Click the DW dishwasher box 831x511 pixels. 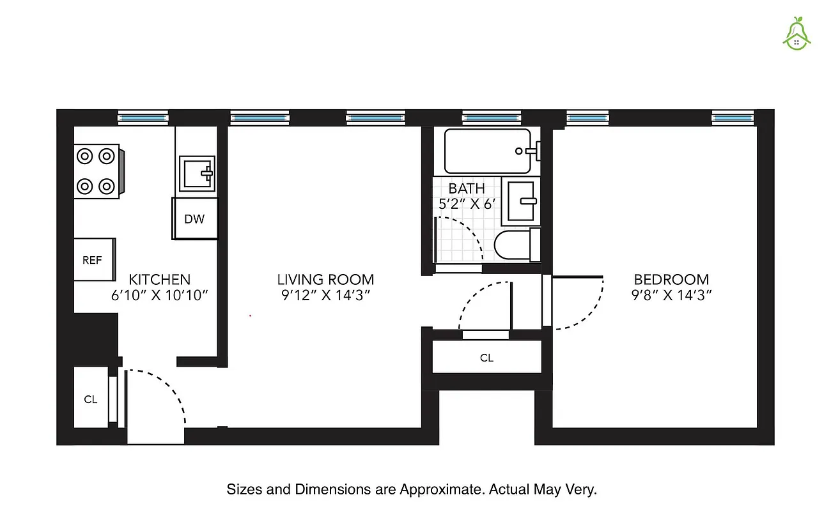(x=194, y=219)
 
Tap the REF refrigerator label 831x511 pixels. (x=92, y=260)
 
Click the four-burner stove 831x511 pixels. (x=97, y=171)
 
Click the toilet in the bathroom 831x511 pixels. (x=516, y=245)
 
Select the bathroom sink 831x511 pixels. (x=520, y=201)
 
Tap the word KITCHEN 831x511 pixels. (x=160, y=279)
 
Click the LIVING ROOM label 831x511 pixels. (x=325, y=279)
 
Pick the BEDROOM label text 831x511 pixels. (x=671, y=279)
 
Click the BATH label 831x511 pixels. (x=467, y=188)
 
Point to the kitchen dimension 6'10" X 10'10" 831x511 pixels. (x=160, y=295)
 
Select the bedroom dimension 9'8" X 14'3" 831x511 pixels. (x=671, y=295)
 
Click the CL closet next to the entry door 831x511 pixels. (x=91, y=399)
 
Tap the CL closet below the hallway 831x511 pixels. (x=486, y=358)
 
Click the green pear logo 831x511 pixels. (x=796, y=33)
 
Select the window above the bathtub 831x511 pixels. (x=491, y=118)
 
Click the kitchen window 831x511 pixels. (x=143, y=118)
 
